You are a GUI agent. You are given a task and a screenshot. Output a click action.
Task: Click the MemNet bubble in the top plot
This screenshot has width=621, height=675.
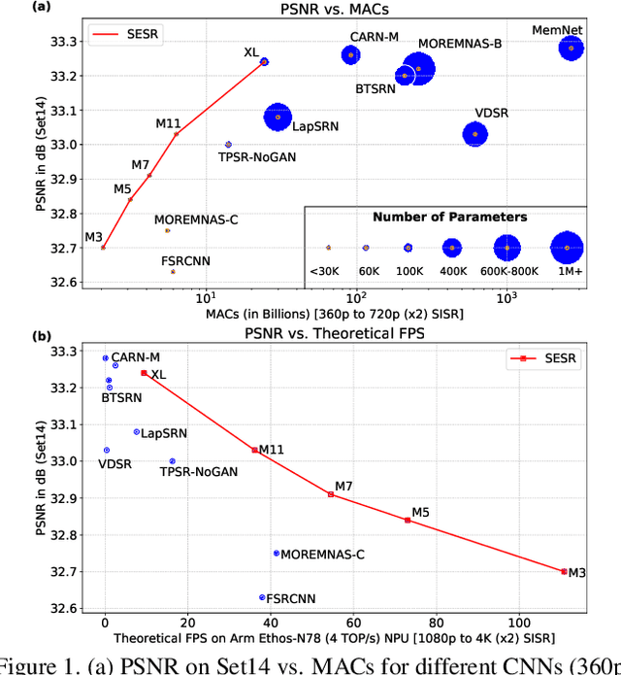coord(571,48)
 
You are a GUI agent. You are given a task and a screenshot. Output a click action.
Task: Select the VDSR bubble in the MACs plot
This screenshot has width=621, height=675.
coord(474,133)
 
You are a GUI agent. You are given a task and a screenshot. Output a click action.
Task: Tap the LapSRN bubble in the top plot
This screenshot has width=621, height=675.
coord(278,117)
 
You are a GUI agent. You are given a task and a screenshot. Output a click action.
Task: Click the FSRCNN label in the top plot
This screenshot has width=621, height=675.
coord(185,261)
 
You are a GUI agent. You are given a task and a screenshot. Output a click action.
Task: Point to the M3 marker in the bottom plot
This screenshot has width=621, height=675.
coord(564,571)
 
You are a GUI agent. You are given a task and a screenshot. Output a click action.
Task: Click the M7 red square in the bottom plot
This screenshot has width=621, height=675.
coord(331,494)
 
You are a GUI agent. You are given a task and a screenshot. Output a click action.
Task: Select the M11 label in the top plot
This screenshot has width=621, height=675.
coord(168,123)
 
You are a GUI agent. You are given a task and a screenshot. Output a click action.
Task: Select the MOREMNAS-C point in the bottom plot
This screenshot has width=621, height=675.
coord(277,553)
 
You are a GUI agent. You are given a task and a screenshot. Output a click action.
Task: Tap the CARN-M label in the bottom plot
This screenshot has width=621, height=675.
coord(135,358)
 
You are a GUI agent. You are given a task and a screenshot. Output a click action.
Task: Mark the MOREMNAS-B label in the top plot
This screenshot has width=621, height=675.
coord(460,45)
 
